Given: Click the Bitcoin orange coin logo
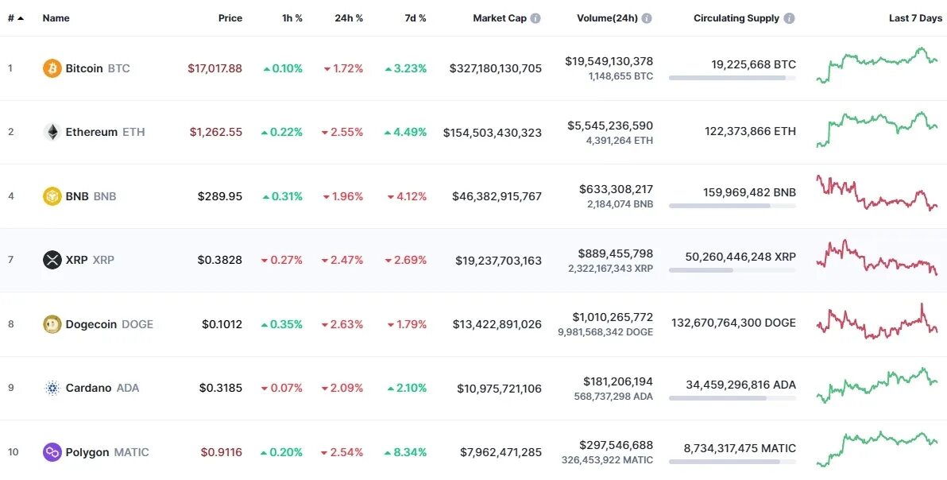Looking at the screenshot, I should click(x=52, y=68).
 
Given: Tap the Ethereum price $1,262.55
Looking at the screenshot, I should click(x=215, y=132).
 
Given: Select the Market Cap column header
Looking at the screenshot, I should click(x=499, y=18).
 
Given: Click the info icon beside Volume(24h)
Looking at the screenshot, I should click(x=647, y=18).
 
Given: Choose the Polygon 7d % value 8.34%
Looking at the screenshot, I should click(x=405, y=452).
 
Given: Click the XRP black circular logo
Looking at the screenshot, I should click(x=52, y=260).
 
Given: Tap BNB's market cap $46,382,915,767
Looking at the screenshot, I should click(x=497, y=196).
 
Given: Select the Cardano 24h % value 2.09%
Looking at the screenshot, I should click(x=343, y=388).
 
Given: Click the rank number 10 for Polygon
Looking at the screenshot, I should click(x=13, y=452).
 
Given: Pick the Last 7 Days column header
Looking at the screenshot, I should click(x=915, y=18).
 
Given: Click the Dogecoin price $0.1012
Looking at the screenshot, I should click(x=222, y=324).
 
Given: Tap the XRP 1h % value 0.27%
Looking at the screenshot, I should click(x=282, y=260).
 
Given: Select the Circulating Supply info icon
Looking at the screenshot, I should click(x=788, y=18).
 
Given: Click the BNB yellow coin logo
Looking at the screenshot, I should click(x=52, y=196).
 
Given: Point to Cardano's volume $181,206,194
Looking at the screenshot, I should click(x=617, y=382).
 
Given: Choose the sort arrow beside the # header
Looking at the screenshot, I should click(x=20, y=18).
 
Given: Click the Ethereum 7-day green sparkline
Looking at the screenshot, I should click(x=876, y=130).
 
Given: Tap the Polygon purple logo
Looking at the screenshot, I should click(x=52, y=452).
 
